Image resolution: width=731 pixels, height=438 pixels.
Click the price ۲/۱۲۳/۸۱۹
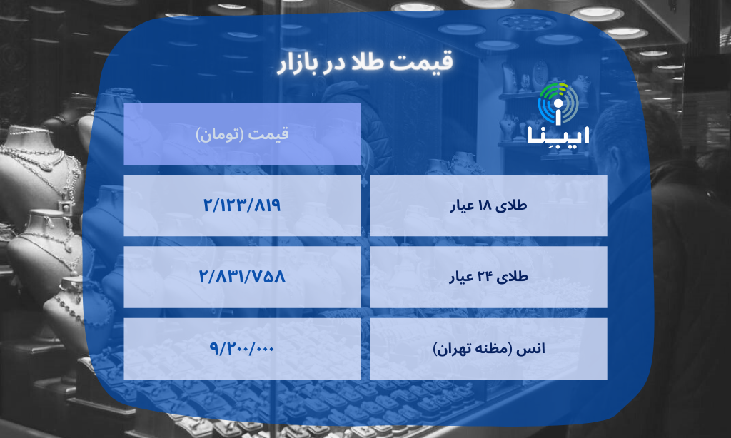242,205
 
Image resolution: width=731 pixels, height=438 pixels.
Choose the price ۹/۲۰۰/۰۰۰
242,349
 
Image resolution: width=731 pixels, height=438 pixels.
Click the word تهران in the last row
460,350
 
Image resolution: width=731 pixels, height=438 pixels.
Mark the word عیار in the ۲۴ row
460,278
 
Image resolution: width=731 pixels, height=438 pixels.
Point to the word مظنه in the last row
499,350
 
